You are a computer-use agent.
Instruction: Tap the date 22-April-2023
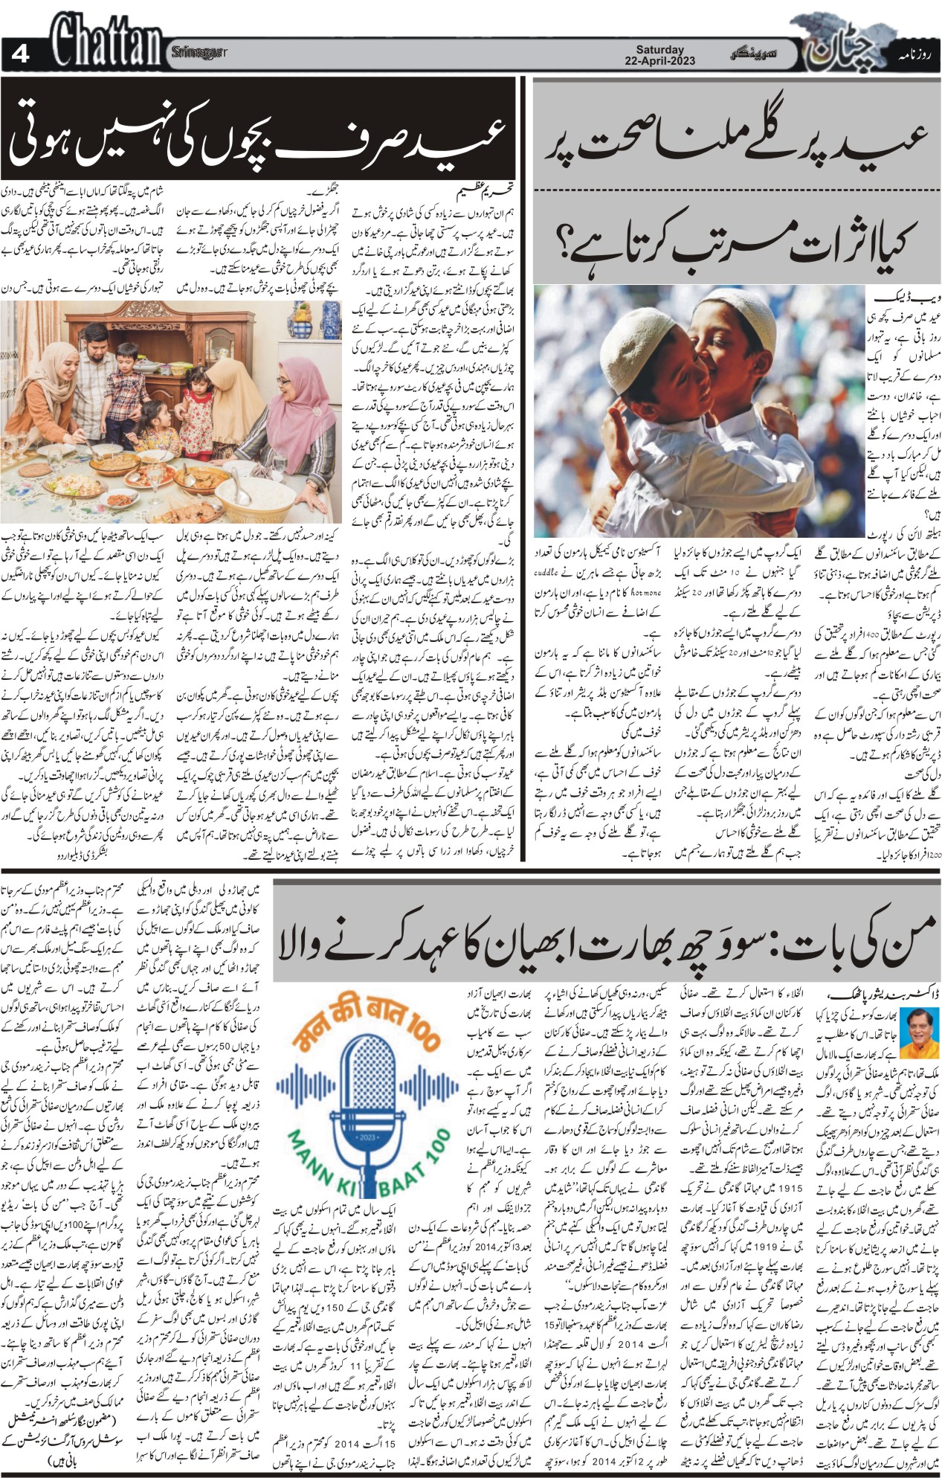click(660, 61)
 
